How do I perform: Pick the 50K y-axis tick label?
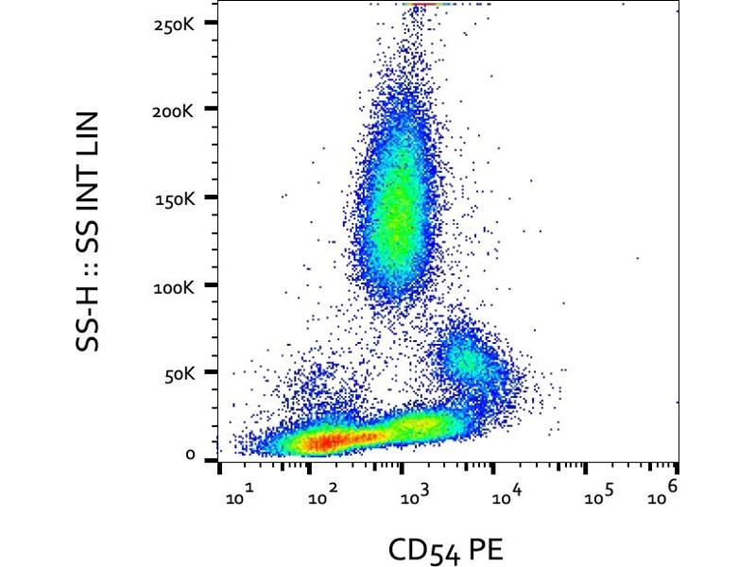point(180,374)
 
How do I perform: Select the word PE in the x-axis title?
point(482,550)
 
